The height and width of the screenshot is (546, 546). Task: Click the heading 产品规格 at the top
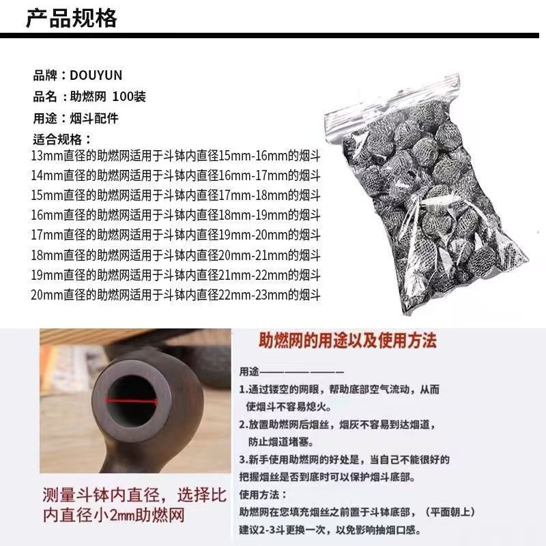click(72, 18)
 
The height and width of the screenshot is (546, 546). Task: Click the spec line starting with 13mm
click(175, 156)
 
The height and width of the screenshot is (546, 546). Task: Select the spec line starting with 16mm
click(175, 215)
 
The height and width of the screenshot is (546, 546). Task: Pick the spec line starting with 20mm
click(175, 295)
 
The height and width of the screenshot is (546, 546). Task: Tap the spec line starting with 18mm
click(175, 255)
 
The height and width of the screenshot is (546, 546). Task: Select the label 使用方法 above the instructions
click(263, 494)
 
